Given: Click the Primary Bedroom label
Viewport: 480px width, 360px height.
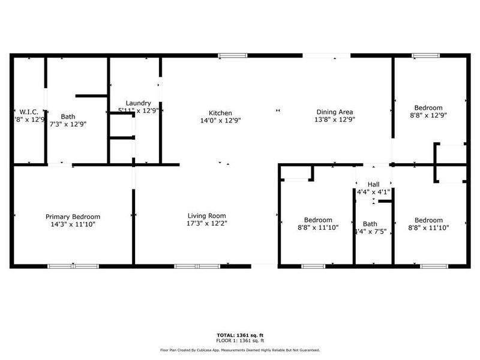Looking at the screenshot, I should click(x=73, y=217).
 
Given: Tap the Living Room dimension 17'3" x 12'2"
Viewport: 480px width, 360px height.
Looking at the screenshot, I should click(x=206, y=223).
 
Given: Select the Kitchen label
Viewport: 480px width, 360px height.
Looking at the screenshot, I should click(x=220, y=113).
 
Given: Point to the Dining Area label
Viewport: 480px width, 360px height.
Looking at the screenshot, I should click(x=335, y=112).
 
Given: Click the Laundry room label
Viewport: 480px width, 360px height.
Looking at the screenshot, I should click(x=138, y=103).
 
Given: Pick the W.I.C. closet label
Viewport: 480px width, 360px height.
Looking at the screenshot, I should click(x=29, y=112).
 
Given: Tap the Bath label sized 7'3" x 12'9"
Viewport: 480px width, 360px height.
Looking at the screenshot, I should click(x=68, y=116).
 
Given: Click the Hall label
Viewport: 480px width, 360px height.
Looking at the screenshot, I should click(x=373, y=185).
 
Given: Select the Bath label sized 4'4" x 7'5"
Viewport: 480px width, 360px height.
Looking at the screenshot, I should click(x=370, y=224).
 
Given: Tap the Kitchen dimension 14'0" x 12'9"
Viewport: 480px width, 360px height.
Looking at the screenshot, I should click(x=220, y=120).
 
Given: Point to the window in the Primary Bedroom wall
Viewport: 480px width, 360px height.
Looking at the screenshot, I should click(x=73, y=266).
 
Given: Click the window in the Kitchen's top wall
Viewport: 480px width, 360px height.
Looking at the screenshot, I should click(x=233, y=56).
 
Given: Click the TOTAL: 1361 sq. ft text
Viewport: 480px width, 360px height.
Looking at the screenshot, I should click(x=239, y=335).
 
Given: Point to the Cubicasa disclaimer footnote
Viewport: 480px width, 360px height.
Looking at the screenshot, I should click(x=239, y=350).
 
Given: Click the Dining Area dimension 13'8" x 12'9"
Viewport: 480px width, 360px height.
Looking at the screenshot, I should click(x=335, y=119).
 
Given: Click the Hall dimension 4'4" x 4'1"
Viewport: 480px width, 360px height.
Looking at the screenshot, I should click(x=373, y=192).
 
